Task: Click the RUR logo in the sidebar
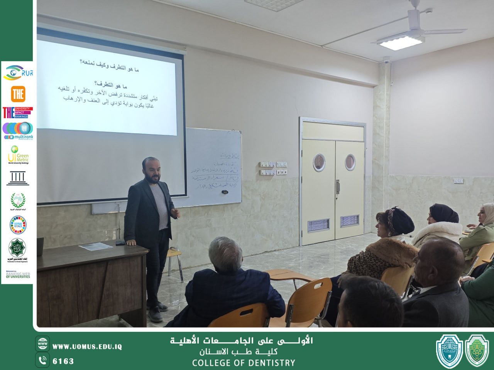[18, 72]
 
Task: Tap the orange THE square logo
[18, 94]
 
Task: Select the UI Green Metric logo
[18, 155]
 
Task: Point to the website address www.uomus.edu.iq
[87, 346]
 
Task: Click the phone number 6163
[63, 361]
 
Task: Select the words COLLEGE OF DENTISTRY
[244, 363]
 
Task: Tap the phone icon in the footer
[42, 360]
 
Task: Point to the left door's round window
[319, 162]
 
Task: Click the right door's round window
[350, 162]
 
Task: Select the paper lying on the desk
[95, 246]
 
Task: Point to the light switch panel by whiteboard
[273, 168]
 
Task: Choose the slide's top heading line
[109, 66]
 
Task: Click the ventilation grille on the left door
[318, 225]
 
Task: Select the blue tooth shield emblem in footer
[449, 351]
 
